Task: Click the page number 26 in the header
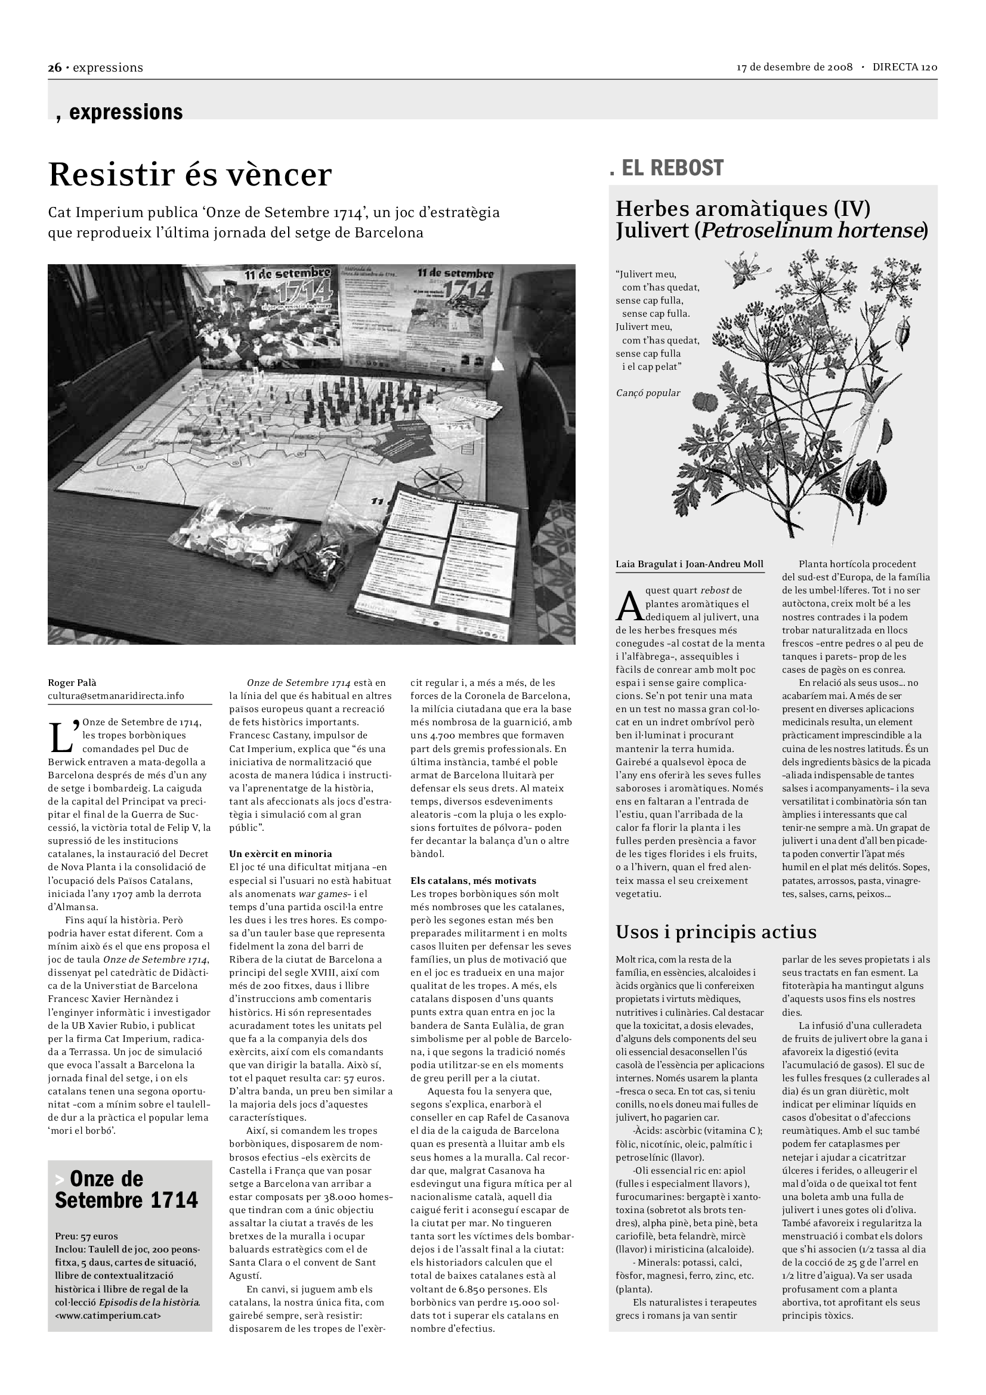pyautogui.click(x=55, y=67)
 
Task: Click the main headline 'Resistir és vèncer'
pyautogui.click(x=190, y=175)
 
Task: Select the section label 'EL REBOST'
pyautogui.click(x=672, y=168)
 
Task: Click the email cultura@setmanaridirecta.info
pyautogui.click(x=116, y=696)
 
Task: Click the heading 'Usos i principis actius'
pyautogui.click(x=716, y=932)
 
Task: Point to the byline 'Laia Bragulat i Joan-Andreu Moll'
pyautogui.click(x=690, y=564)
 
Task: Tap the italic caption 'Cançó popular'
pyautogui.click(x=648, y=393)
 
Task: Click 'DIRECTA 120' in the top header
pyautogui.click(x=905, y=67)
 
